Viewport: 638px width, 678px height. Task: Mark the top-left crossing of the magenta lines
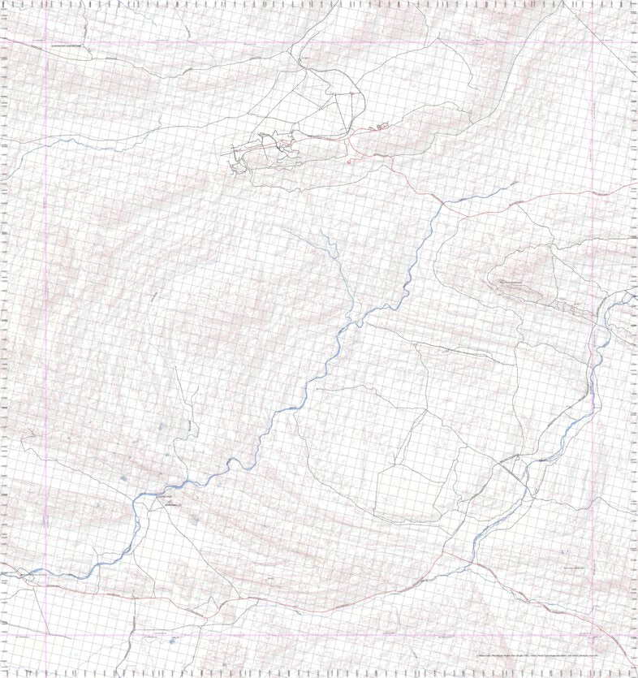point(46,42)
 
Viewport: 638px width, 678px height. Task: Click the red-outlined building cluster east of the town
point(380,127)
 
